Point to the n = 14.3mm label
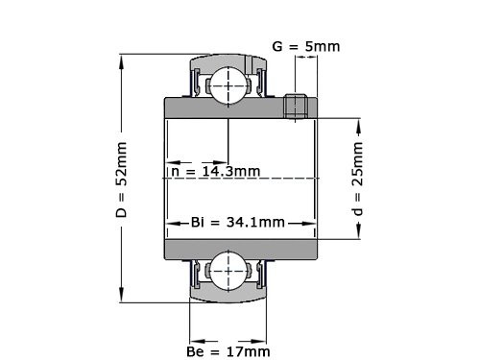point(214,172)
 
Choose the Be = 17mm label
point(228,351)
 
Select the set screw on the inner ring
point(296,105)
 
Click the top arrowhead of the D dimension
point(121,60)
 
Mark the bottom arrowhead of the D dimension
point(121,295)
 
